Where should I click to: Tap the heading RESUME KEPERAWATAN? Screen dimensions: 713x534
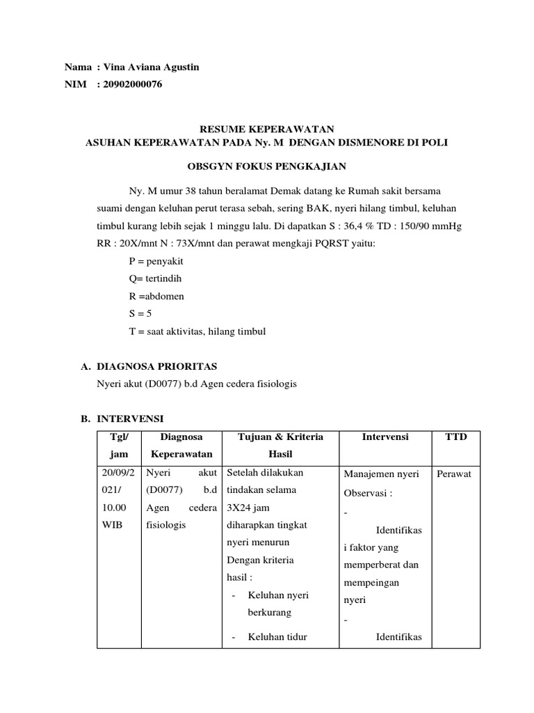tap(267, 129)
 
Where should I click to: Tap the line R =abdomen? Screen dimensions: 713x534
tap(156, 296)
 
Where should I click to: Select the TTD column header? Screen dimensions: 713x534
tap(455, 437)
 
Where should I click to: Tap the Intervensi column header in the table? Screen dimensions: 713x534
tap(385, 437)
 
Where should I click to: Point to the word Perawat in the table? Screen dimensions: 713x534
tap(455, 474)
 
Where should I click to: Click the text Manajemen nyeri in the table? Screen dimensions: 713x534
tap(381, 474)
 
